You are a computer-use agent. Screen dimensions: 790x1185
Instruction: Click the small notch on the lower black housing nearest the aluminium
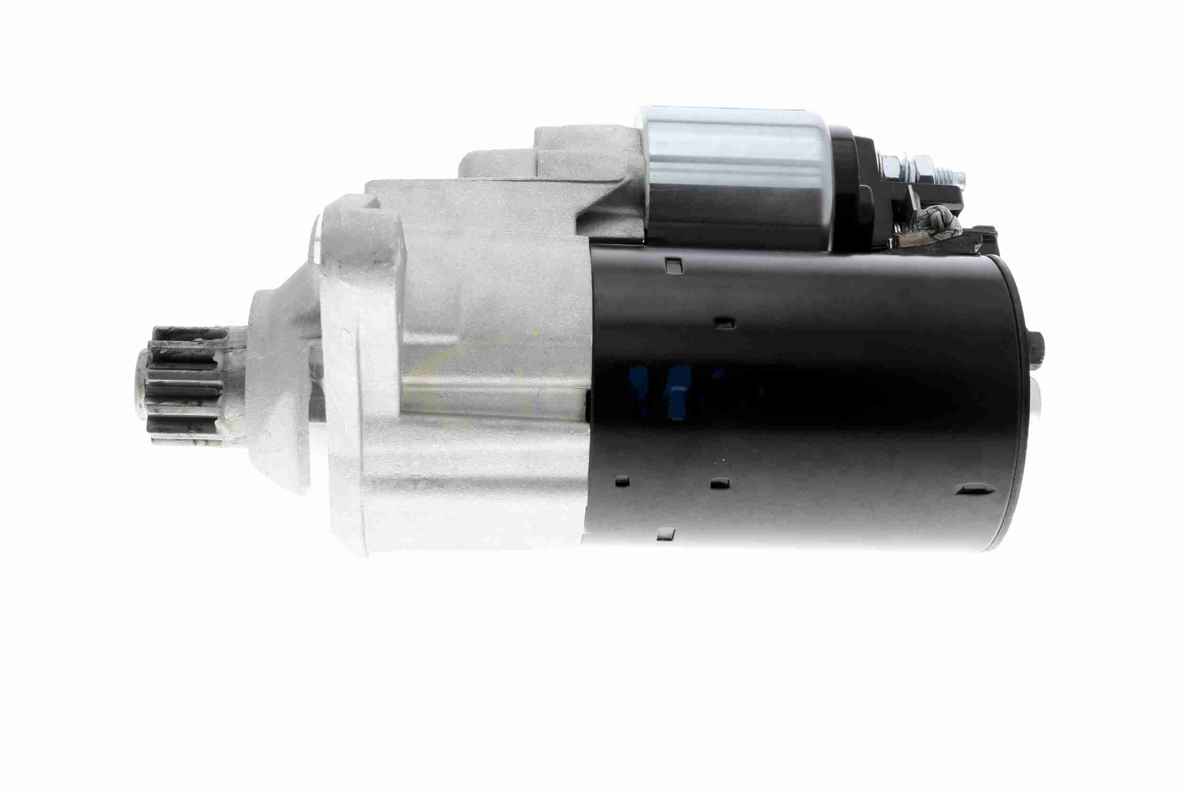pyautogui.click(x=623, y=481)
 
